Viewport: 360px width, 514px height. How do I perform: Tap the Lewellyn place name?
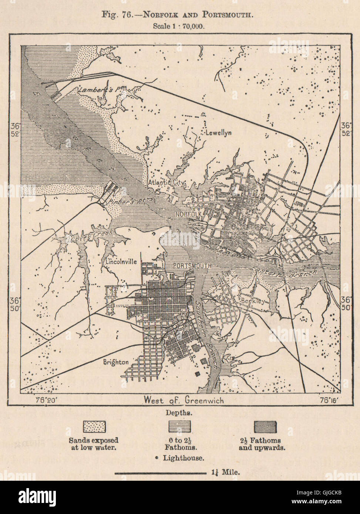coord(218,132)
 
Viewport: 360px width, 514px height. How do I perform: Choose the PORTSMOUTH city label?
coord(192,266)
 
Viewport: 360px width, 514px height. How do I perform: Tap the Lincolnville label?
coord(121,261)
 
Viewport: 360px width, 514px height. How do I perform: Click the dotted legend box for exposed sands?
coord(94,426)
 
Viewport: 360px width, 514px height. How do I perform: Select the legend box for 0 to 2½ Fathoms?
coord(180,426)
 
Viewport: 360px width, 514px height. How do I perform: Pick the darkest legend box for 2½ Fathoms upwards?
coord(265,426)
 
